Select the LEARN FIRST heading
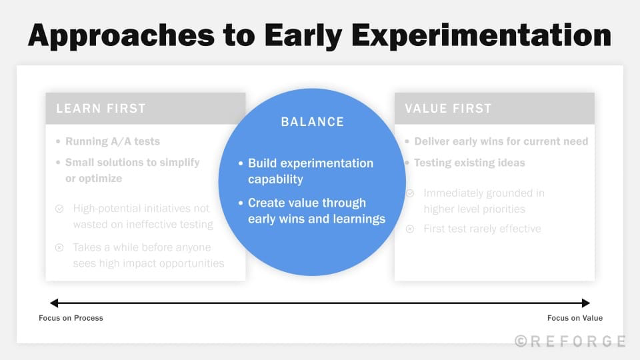(101, 109)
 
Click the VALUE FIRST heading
(443, 109)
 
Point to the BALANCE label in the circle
(313, 122)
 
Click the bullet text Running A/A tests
(112, 141)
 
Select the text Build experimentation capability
(311, 171)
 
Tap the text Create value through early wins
(317, 211)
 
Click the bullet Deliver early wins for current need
(501, 141)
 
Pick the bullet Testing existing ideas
(469, 163)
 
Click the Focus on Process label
(71, 318)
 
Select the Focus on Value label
(575, 318)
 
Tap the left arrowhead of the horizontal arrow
(54, 303)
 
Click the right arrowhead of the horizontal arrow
(586, 303)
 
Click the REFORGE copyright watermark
(570, 341)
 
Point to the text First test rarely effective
(482, 229)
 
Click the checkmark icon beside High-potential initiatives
(59, 209)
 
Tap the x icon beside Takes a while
(59, 248)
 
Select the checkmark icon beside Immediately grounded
(410, 193)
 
